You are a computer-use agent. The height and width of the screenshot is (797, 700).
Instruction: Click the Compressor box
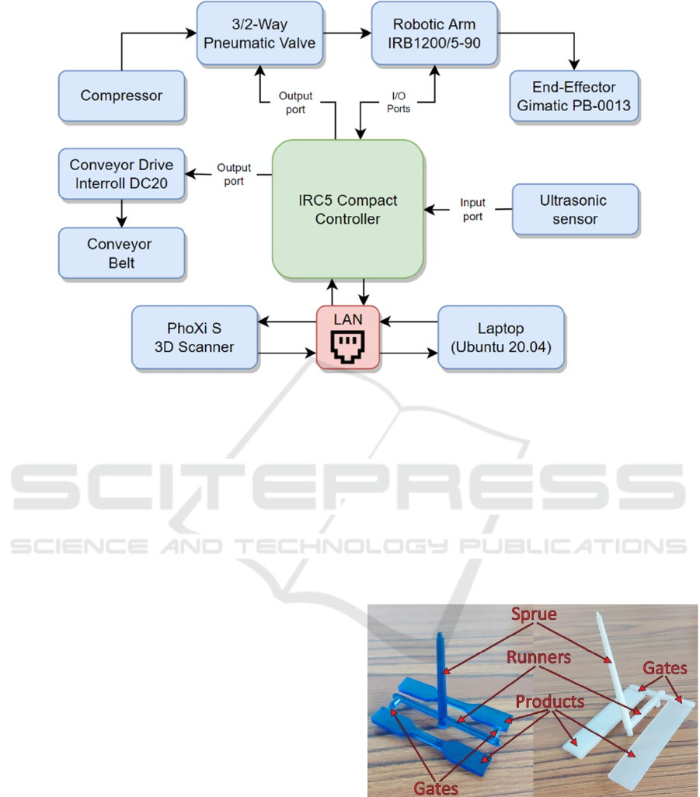[x=122, y=96]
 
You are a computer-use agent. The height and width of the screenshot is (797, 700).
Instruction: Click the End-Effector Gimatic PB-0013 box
[x=574, y=96]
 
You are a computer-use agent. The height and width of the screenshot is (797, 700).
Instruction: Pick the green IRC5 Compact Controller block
[x=347, y=210]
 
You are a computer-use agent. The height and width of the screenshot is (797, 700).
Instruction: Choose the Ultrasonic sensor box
[x=574, y=210]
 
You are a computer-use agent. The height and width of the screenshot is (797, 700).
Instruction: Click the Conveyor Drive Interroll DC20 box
[x=122, y=174]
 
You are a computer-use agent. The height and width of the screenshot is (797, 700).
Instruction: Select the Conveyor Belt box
[x=122, y=253]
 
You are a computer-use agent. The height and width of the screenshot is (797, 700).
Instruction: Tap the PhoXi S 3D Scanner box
[x=193, y=338]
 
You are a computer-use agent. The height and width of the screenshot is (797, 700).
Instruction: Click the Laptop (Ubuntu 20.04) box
[x=501, y=338]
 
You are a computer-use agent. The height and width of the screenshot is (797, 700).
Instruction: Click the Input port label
[x=473, y=210]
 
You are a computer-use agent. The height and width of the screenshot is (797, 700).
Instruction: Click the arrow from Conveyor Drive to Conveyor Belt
[x=121, y=212]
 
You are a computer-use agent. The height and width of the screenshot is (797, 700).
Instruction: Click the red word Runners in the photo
[x=538, y=658]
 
